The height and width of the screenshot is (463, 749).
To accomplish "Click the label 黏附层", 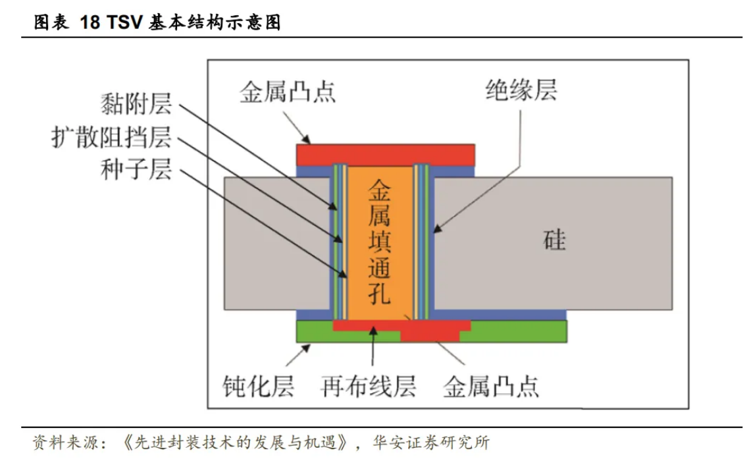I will point(136,105).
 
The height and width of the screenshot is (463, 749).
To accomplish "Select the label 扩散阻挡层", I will point(111,138).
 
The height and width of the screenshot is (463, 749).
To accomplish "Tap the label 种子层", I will point(136,170).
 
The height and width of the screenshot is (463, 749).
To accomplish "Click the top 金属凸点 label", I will point(287,92).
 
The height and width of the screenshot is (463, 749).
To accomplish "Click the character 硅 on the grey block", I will point(554,240).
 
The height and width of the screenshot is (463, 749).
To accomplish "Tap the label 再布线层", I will point(369,386).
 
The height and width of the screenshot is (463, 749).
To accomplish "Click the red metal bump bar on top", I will point(386,155).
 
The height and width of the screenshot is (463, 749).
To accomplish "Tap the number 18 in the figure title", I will point(89,23).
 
